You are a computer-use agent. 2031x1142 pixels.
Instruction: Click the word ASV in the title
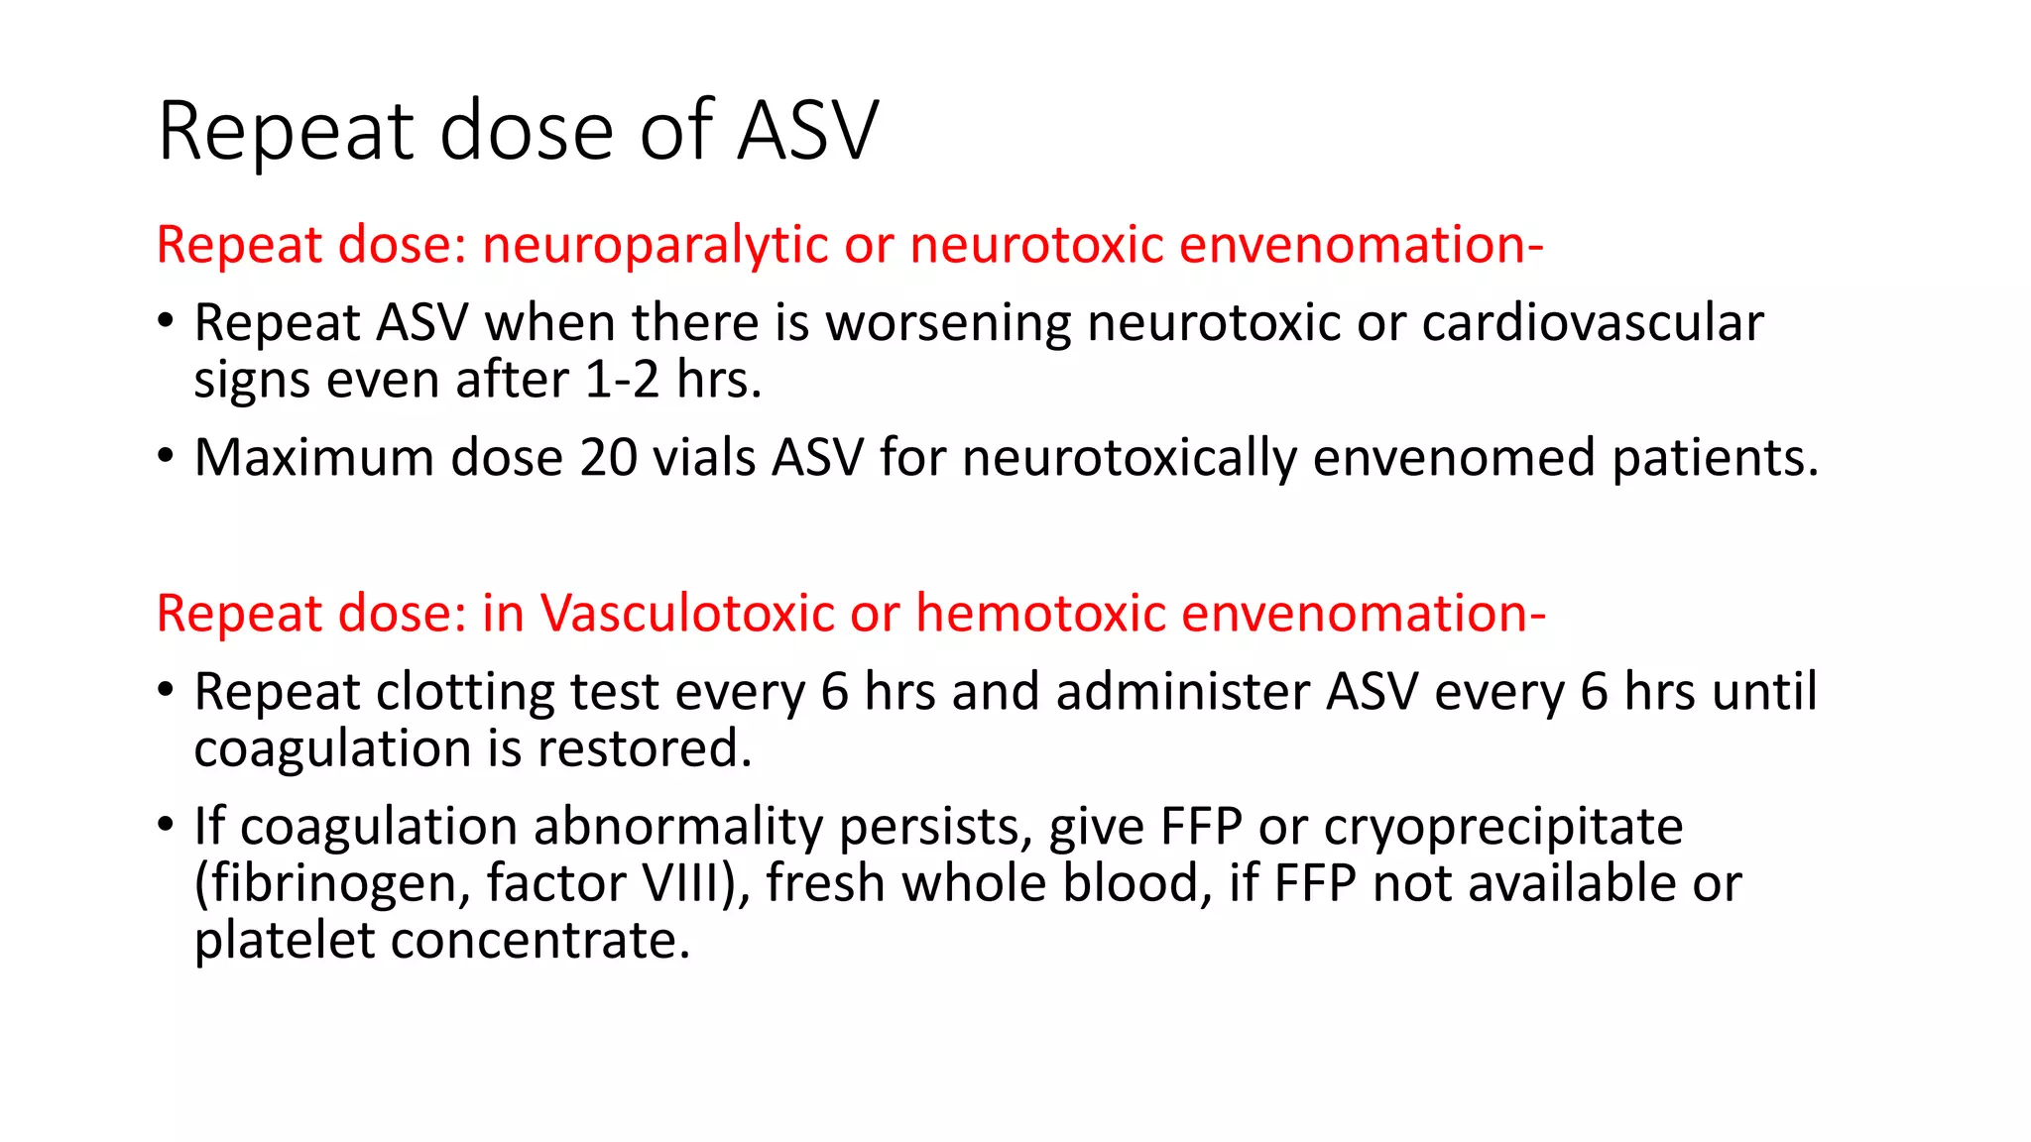click(807, 132)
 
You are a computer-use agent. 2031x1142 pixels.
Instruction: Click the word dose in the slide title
click(527, 132)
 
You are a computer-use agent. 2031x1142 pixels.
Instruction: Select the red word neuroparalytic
click(655, 246)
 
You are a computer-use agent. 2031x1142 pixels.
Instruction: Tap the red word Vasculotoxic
click(686, 614)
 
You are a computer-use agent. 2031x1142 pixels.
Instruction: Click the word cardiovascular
click(1593, 324)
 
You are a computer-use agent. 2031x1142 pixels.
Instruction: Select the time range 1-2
click(622, 381)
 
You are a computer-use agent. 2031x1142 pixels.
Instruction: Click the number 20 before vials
click(609, 458)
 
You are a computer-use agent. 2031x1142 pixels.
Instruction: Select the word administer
click(1183, 692)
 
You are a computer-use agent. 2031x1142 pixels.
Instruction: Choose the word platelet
click(285, 941)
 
